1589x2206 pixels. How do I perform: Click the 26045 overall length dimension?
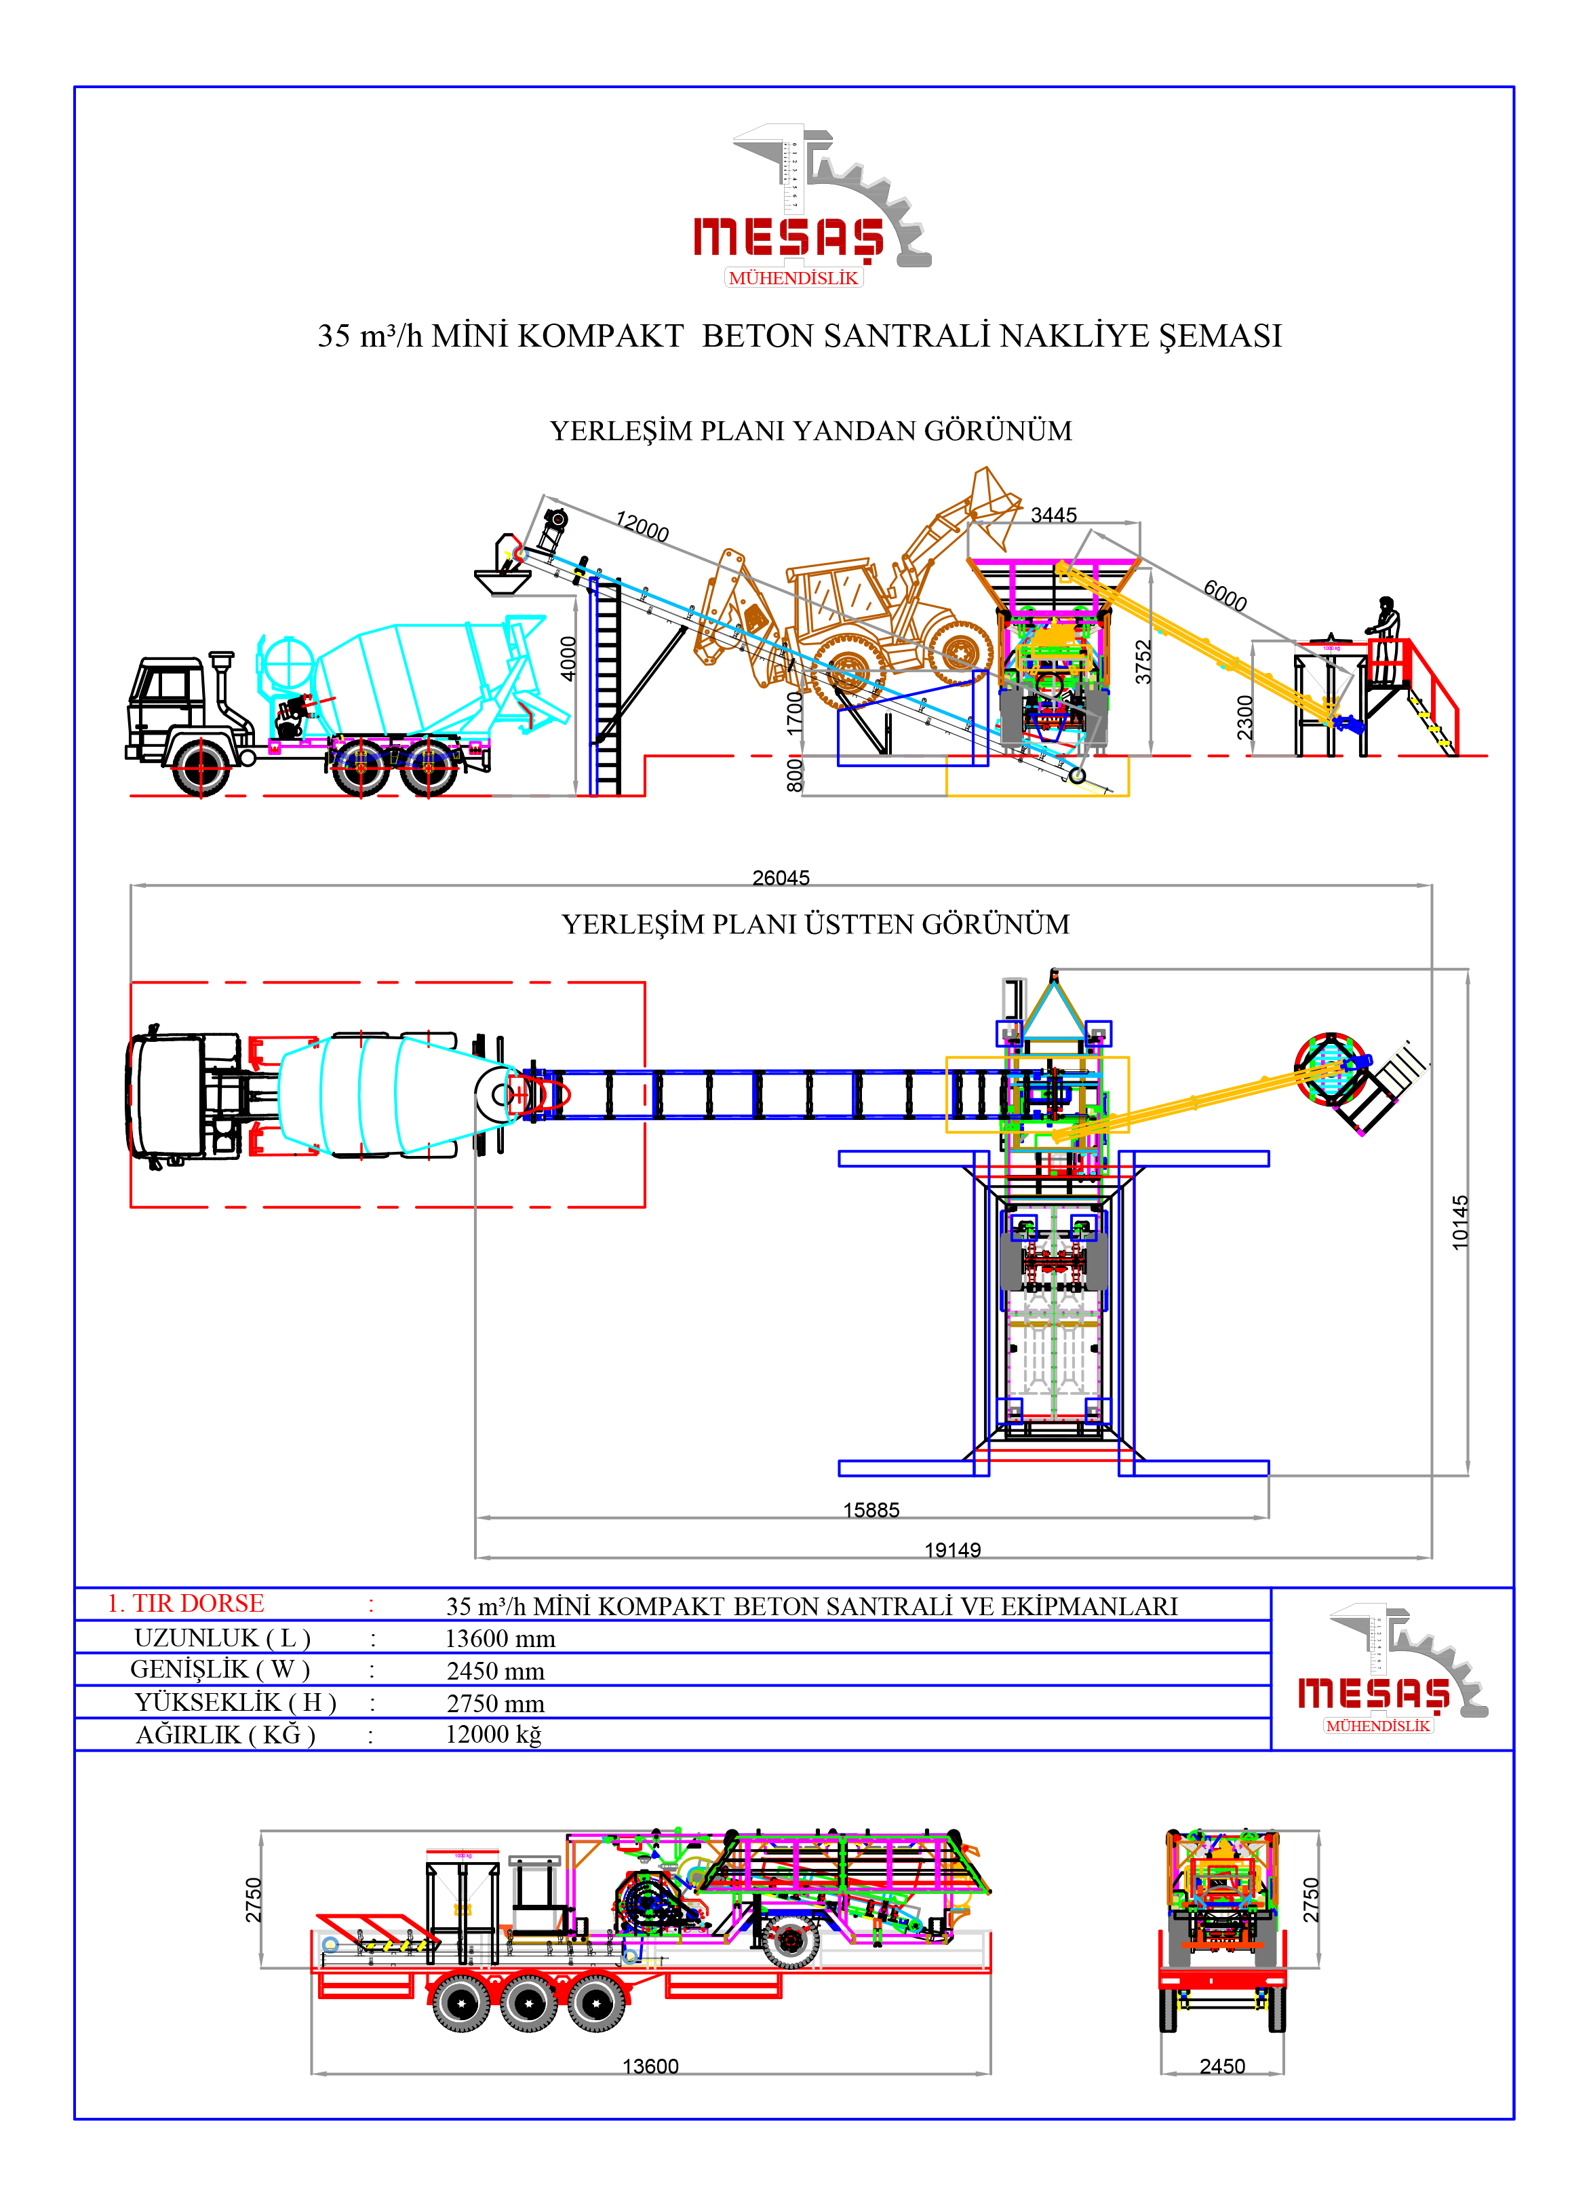[x=781, y=877]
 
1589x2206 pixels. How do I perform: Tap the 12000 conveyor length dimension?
[x=642, y=526]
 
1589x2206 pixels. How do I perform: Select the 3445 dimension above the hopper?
[x=1053, y=515]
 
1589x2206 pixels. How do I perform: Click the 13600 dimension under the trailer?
[x=650, y=2066]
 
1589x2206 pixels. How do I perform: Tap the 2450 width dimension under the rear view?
[x=1222, y=2066]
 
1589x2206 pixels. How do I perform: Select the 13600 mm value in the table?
[x=500, y=1639]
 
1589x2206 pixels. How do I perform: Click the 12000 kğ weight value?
[x=493, y=1735]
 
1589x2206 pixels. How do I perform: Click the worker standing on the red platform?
[x=1385, y=623]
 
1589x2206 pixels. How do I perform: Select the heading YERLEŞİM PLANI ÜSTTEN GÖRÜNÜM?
[x=815, y=924]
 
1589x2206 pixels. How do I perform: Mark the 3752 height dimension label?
[x=1143, y=661]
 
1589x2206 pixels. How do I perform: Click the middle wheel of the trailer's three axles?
[x=528, y=2002]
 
